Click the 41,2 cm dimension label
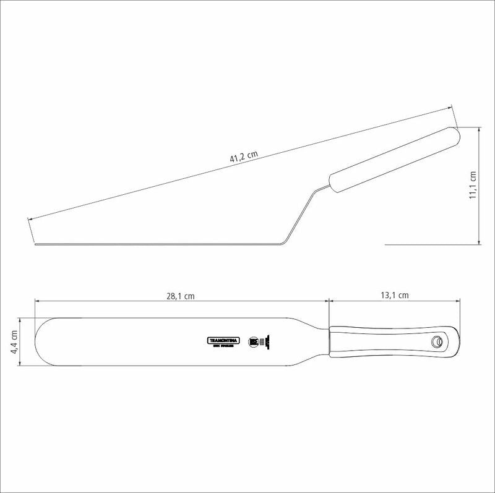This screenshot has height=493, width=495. coord(244,157)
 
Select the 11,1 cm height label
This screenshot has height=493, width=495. coord(473,186)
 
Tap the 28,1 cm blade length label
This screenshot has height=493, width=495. coord(180,296)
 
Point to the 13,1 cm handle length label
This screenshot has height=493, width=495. coord(394,295)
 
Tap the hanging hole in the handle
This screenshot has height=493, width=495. coord(437,341)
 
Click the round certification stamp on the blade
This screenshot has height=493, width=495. coord(252,341)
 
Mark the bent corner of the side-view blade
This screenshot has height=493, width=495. coord(283,242)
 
